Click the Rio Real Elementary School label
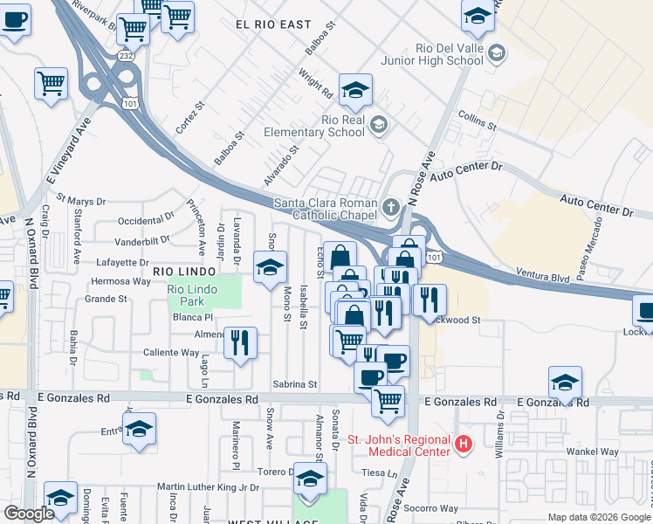pos(342,126)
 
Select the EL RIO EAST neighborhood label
pos(272,26)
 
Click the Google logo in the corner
pos(29,514)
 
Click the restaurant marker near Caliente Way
pos(239,341)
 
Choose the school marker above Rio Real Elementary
pos(355,90)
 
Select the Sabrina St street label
pos(294,383)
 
